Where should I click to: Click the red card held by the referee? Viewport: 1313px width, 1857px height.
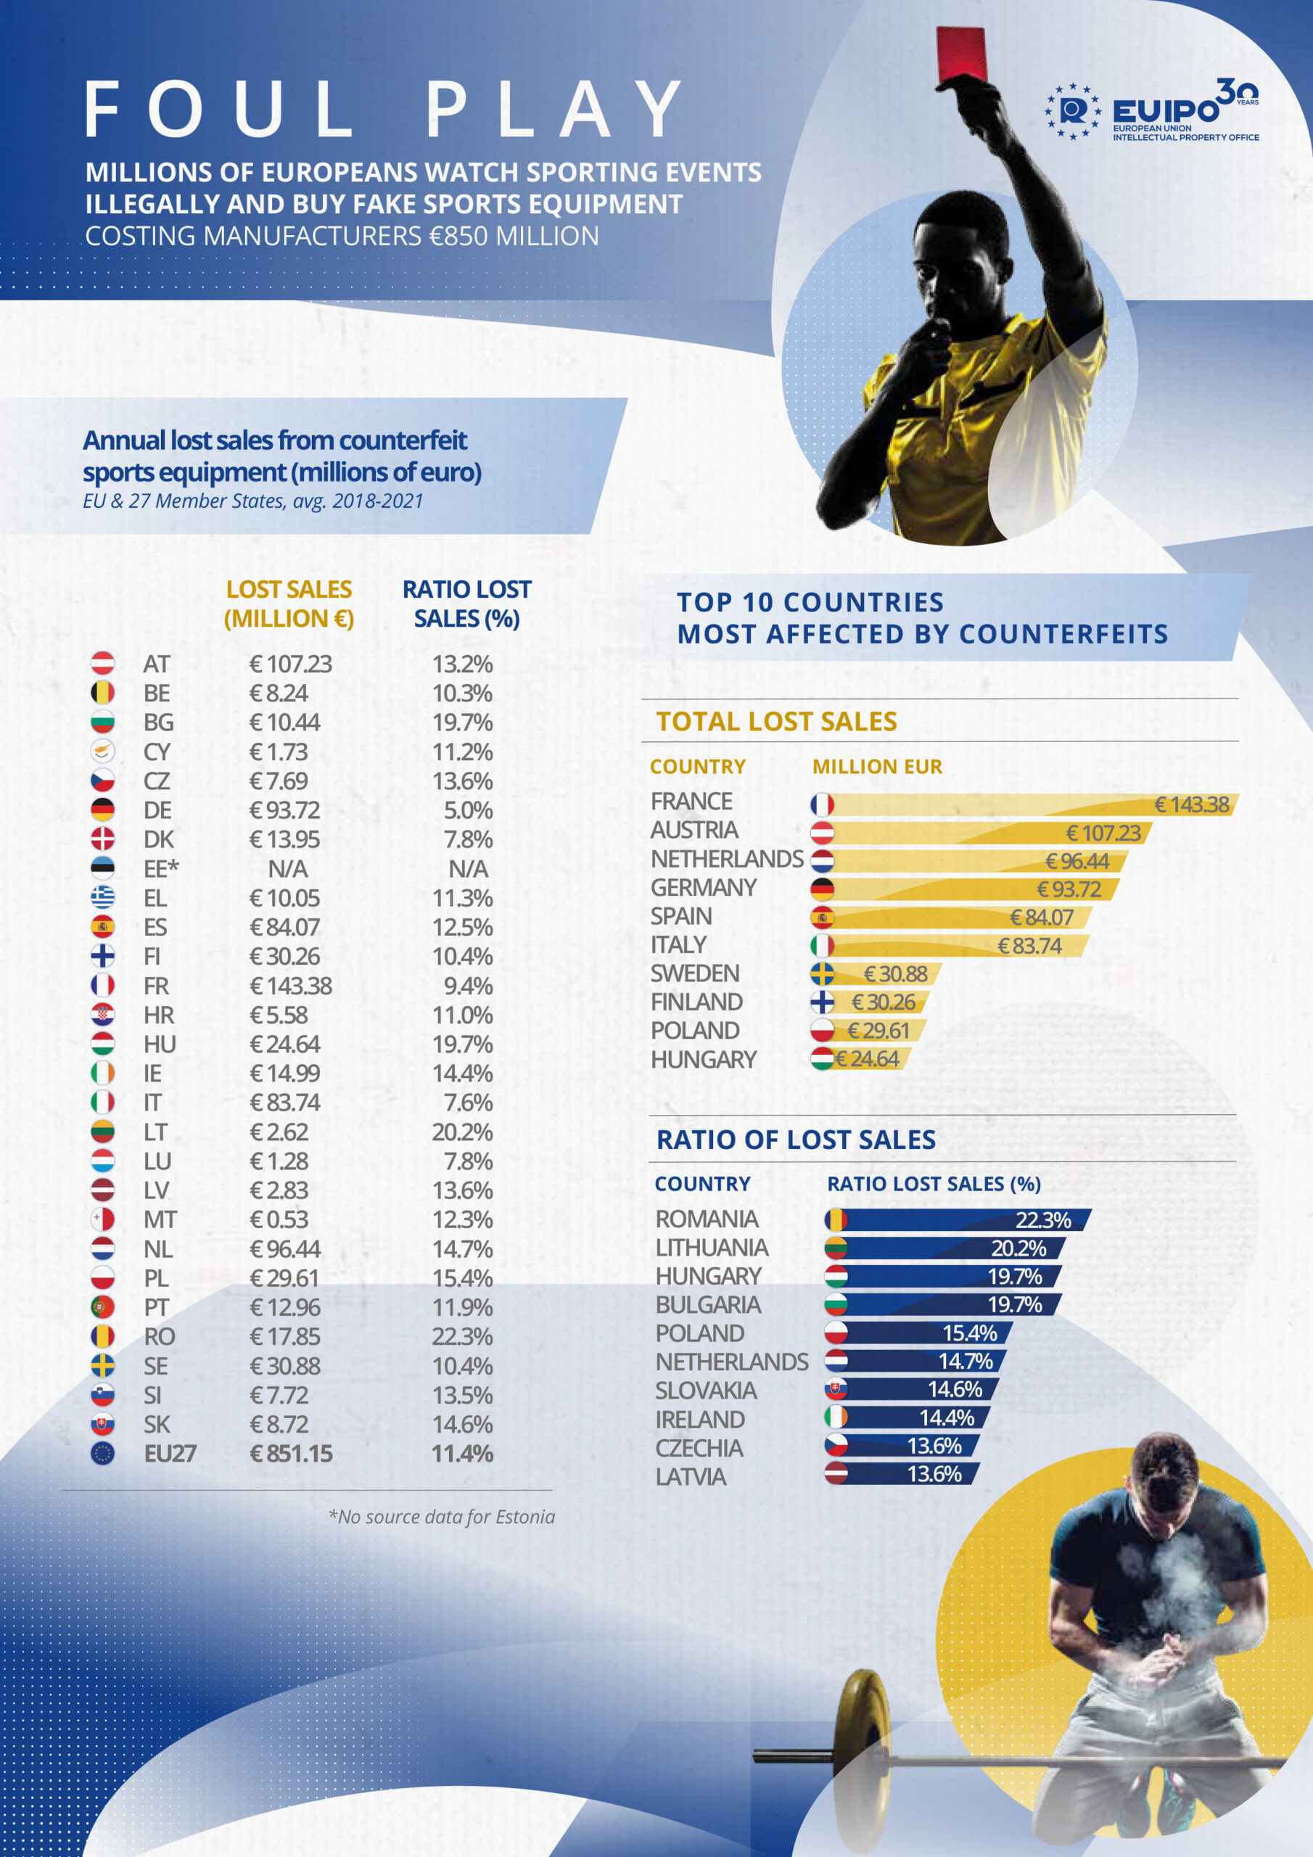tap(961, 55)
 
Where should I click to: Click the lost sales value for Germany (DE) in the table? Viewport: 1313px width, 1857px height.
tap(285, 810)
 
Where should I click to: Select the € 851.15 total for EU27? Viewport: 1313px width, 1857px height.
tap(291, 1454)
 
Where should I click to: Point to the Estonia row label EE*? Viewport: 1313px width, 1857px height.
tap(160, 868)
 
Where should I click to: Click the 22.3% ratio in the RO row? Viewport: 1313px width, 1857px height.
tap(462, 1336)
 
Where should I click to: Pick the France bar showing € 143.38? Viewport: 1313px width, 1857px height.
tap(1027, 804)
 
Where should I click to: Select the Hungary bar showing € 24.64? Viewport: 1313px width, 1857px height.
tap(863, 1059)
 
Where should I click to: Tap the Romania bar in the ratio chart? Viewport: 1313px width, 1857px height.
tap(959, 1219)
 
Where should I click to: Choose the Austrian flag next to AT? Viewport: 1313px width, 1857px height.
tap(103, 663)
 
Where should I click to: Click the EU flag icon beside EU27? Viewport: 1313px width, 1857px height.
tap(103, 1454)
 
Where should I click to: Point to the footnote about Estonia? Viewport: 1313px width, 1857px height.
tap(442, 1517)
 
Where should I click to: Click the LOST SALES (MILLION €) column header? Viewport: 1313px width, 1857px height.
tap(289, 604)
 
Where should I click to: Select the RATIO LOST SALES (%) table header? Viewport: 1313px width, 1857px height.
tap(466, 604)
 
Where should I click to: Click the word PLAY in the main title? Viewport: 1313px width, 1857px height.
tap(553, 110)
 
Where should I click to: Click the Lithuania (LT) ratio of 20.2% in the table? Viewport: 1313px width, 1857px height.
tap(462, 1132)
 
